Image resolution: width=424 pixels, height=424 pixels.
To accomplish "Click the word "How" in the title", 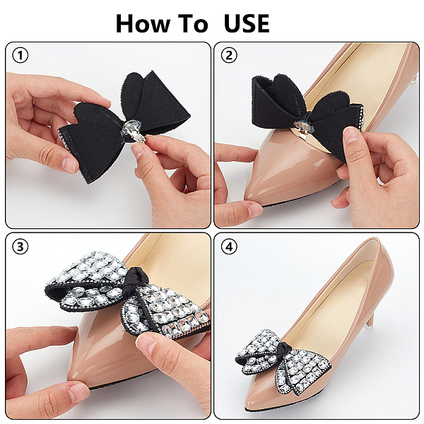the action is (x=143, y=23).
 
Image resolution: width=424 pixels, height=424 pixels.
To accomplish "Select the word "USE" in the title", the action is (x=247, y=23).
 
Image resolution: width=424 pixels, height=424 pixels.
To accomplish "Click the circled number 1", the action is (x=20, y=55).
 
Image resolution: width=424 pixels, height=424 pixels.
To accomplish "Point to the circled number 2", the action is (x=229, y=55).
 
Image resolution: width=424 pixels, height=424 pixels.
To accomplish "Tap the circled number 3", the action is (x=20, y=247).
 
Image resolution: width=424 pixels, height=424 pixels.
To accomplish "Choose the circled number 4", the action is (x=229, y=247).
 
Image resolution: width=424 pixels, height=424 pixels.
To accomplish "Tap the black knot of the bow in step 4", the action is (x=285, y=350).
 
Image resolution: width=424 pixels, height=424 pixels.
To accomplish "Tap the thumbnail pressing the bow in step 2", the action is (x=351, y=135).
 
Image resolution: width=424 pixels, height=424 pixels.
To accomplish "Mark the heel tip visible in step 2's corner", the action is (x=415, y=80).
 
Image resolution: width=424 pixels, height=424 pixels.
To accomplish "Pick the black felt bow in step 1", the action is (x=124, y=124).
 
